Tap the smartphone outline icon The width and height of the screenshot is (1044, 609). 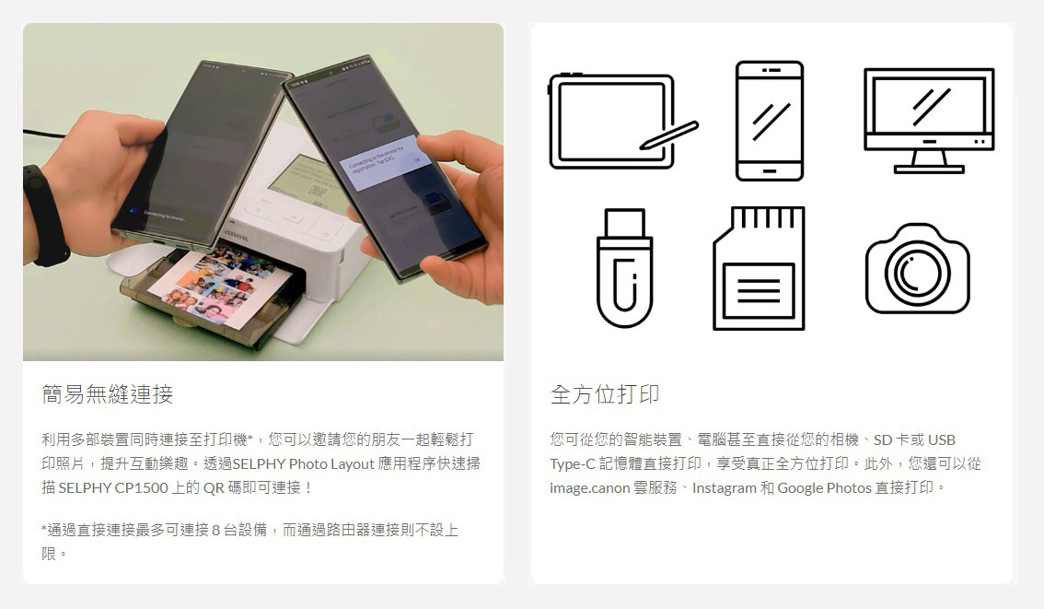pos(770,121)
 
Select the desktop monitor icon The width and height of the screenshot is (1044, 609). pos(929,120)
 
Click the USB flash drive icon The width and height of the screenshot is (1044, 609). pos(624,268)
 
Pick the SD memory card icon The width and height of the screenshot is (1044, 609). pos(759,268)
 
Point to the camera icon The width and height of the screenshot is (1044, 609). pos(918,268)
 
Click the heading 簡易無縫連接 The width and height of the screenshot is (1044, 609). pos(107,394)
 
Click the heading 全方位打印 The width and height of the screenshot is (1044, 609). pos(605,394)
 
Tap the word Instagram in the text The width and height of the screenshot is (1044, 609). pos(725,487)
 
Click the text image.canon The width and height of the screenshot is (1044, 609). pos(590,487)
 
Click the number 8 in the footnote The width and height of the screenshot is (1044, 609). pos(215,531)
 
